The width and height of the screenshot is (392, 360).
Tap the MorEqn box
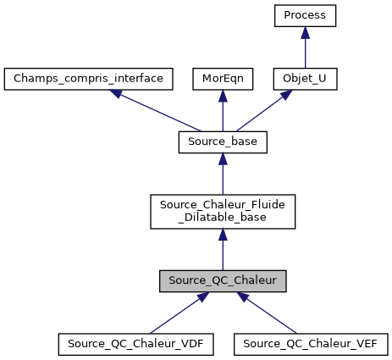coord(222,79)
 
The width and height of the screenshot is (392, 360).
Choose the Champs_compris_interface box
coord(89,79)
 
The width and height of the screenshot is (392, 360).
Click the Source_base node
coord(223,142)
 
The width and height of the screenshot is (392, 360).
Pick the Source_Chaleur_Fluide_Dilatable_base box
coord(223,211)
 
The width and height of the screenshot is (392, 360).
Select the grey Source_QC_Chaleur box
coord(223,280)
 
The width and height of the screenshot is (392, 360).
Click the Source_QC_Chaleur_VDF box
coord(135,344)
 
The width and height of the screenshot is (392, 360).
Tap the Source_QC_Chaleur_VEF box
coord(310,344)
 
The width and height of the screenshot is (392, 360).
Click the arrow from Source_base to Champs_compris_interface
coord(161,113)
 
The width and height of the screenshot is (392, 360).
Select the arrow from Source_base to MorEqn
coord(222,111)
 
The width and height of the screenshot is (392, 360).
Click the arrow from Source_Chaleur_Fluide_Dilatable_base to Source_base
coord(223,175)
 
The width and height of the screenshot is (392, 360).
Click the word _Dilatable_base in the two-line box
coord(223,218)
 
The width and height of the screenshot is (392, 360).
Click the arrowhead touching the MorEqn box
coord(222,97)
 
